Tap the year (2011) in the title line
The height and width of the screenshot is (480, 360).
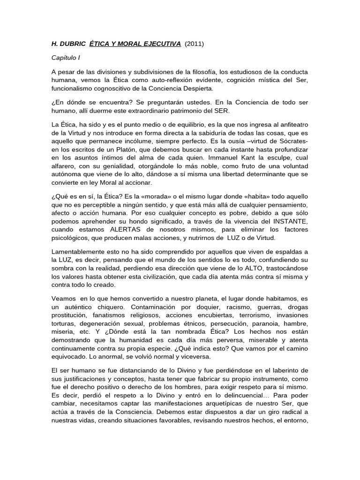pos(195,44)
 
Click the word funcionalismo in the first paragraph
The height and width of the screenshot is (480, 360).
pos(73,88)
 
